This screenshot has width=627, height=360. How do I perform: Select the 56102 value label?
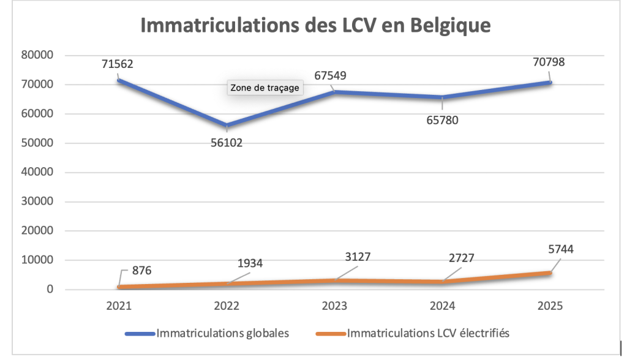pyautogui.click(x=227, y=144)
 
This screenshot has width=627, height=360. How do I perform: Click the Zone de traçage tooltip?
pyautogui.click(x=265, y=88)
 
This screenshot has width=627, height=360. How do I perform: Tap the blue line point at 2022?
pyautogui.click(x=227, y=126)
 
